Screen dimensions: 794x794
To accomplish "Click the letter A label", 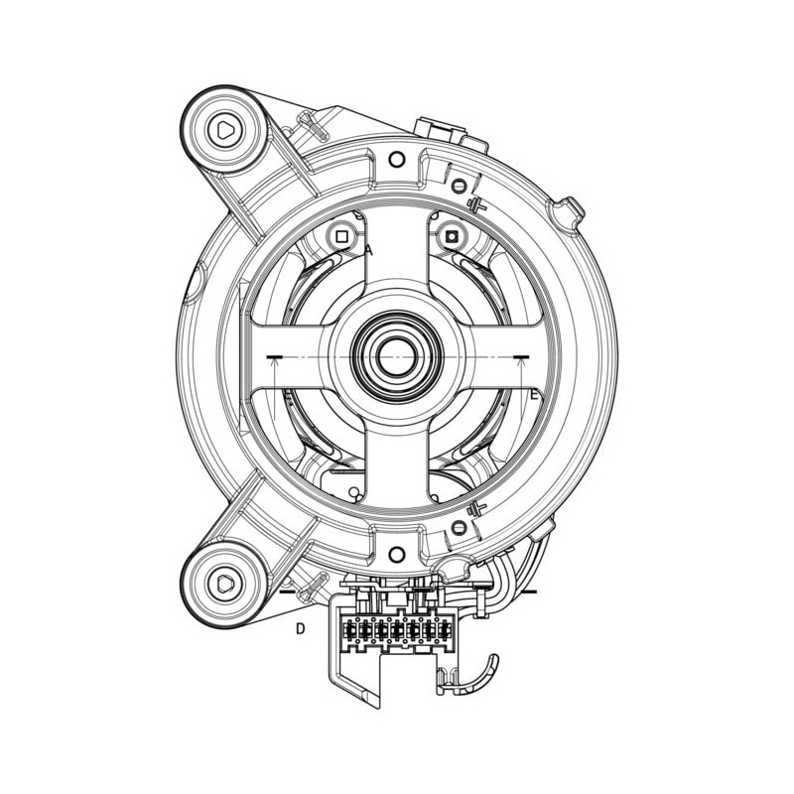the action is point(369,250).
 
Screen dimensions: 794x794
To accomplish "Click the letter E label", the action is point(533,394).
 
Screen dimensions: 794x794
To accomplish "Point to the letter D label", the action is point(301,629).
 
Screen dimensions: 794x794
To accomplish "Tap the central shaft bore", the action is point(397,357).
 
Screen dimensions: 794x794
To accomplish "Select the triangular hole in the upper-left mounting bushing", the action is point(225,131).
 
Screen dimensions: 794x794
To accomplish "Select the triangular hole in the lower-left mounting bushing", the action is point(224,585).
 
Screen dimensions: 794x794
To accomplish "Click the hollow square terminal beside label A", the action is point(341,236).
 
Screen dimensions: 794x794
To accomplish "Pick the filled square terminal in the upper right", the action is point(452,236).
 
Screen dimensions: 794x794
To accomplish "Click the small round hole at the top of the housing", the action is point(396,160).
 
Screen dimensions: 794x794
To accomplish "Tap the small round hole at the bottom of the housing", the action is point(396,554).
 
